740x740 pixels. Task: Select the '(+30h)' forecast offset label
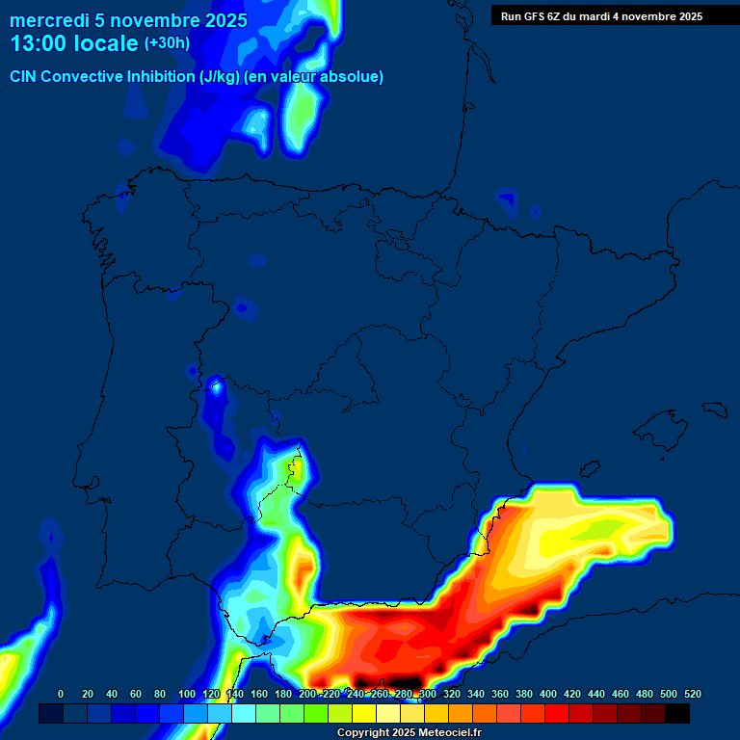[167, 43]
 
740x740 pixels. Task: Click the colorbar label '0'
[61, 694]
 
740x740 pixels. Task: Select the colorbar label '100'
[186, 694]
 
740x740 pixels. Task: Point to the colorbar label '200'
[307, 694]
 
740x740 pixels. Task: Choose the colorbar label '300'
[428, 694]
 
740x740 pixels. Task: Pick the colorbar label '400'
[548, 694]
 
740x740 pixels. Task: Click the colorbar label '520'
[692, 694]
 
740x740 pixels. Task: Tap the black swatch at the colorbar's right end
[677, 714]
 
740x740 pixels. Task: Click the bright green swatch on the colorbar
[315, 714]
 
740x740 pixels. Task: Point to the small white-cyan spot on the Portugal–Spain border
[217, 387]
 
